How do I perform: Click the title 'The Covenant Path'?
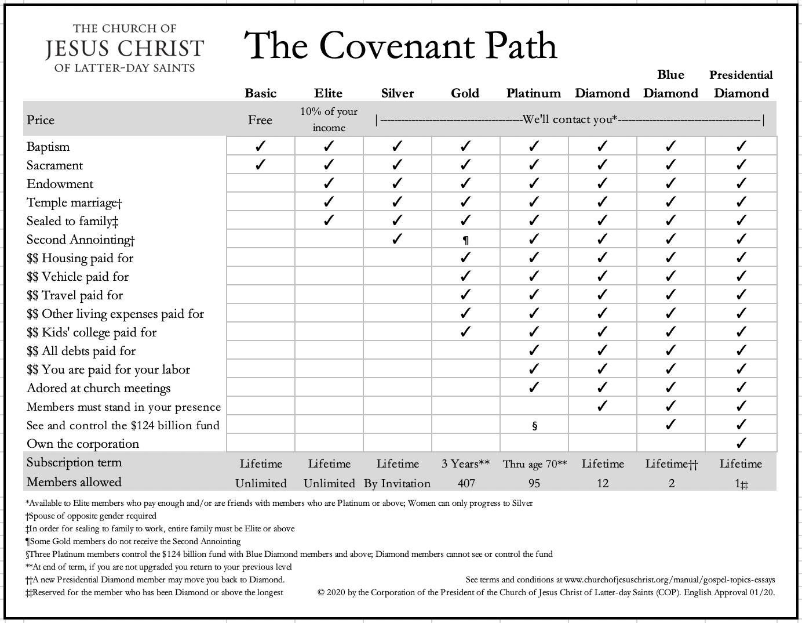(x=401, y=46)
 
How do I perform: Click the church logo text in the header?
(x=125, y=48)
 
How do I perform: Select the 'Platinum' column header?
(x=533, y=93)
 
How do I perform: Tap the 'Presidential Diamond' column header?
(x=741, y=85)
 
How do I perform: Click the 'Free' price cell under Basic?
(x=260, y=120)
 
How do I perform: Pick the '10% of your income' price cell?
(x=329, y=119)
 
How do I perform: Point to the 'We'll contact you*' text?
(x=570, y=120)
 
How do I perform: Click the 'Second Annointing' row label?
(x=81, y=240)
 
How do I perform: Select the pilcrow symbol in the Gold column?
(x=465, y=240)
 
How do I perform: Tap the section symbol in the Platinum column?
(x=534, y=426)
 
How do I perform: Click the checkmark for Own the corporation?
(x=741, y=443)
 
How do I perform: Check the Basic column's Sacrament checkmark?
(x=260, y=165)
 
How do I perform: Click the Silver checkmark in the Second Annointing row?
(x=397, y=239)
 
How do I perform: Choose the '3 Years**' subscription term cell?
(x=465, y=464)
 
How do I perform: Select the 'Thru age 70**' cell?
(x=534, y=464)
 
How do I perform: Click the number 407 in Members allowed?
(x=466, y=483)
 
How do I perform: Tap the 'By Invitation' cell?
(x=397, y=483)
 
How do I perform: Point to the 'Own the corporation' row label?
(x=83, y=444)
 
